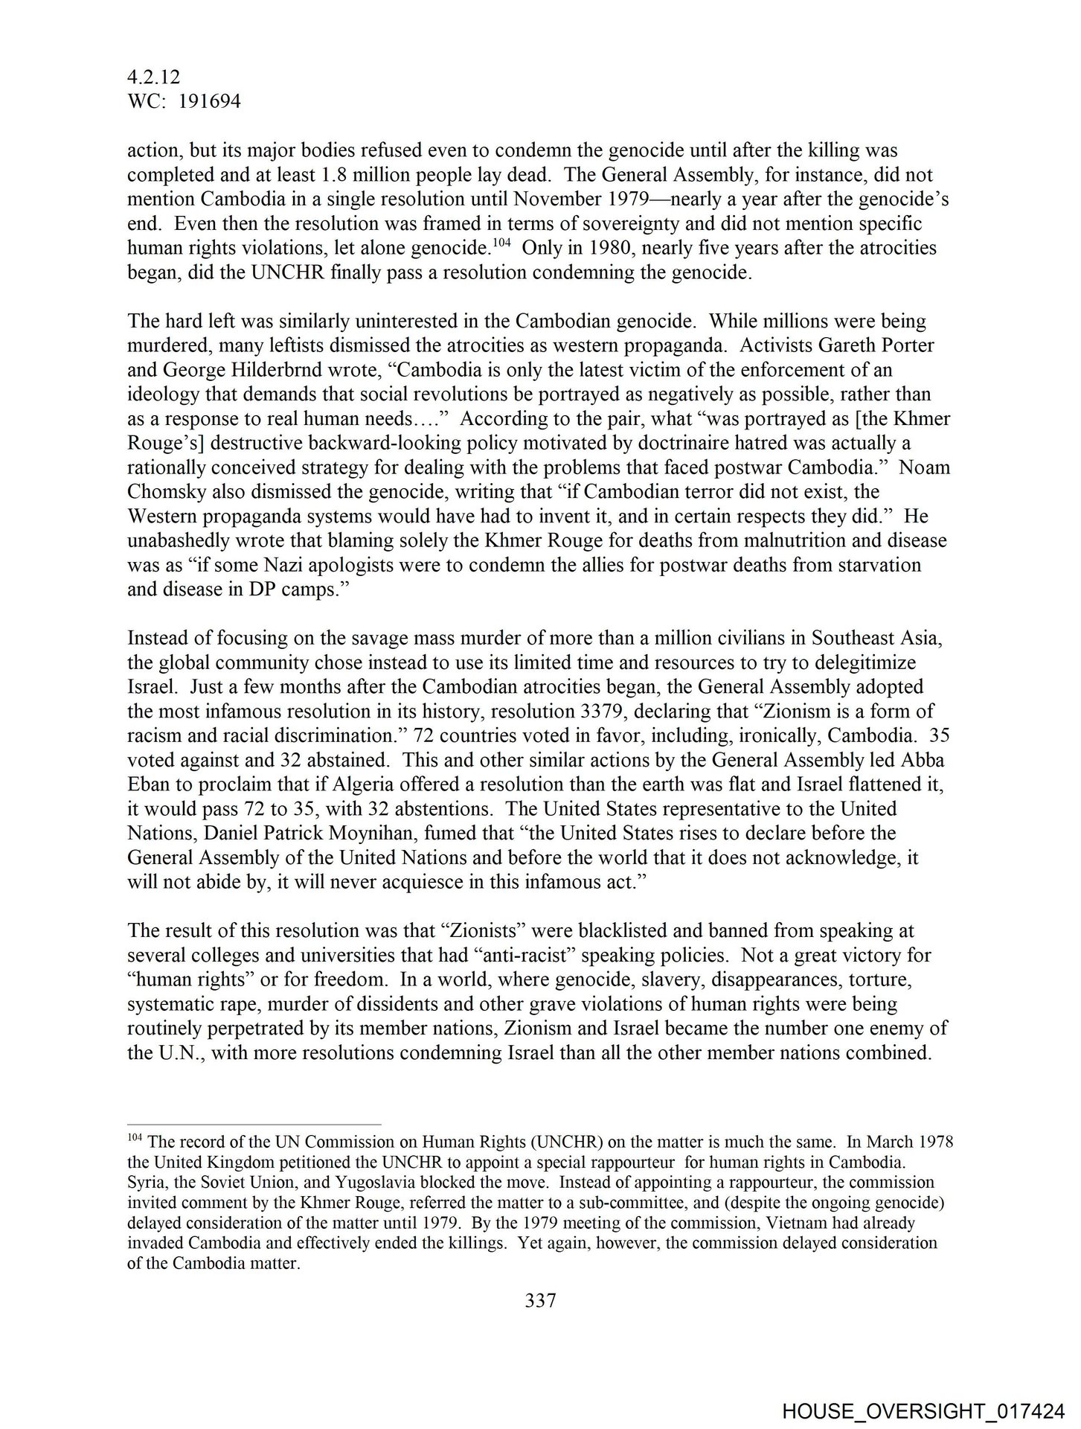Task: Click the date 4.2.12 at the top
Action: [x=154, y=77]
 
